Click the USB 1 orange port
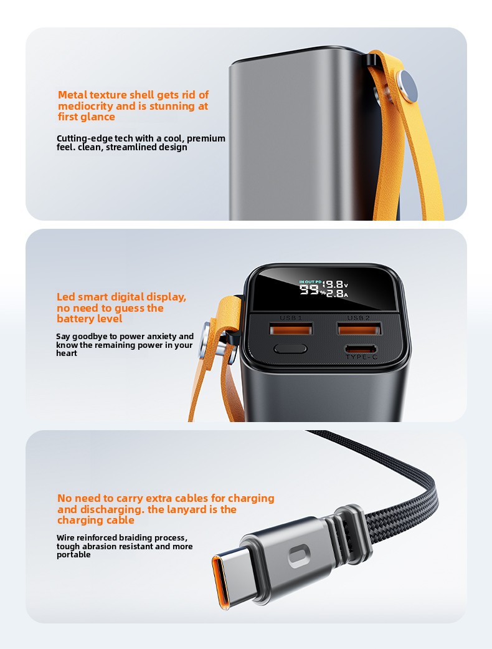pos(291,330)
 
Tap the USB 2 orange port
pos(359,329)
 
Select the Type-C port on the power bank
pos(361,348)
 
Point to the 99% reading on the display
pos(313,291)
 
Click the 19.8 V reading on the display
pos(335,284)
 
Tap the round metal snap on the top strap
pos(407,86)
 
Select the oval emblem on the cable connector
pos(298,556)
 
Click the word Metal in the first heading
pos(72,95)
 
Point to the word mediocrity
pos(85,106)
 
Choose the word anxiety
pos(162,337)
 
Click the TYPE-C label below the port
pos(361,357)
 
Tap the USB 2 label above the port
pos(359,318)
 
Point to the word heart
pos(67,353)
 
